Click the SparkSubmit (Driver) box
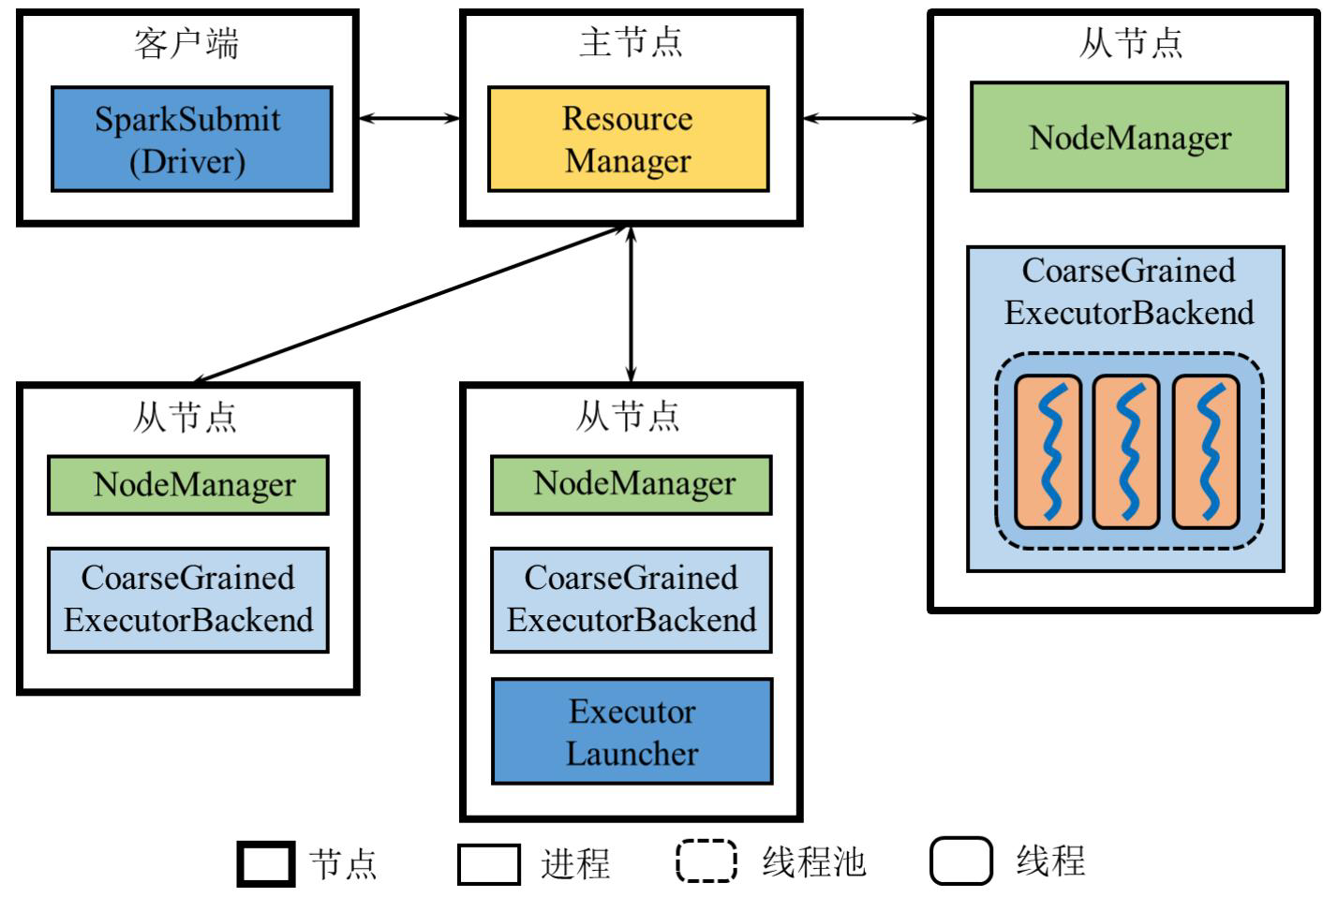coord(192,140)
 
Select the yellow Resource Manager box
coord(629,140)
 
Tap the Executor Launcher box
coord(632,731)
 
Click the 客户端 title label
coord(186,44)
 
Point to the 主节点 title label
coord(631,42)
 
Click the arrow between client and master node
coord(409,118)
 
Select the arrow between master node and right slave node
coord(865,118)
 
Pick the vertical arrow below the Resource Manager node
coord(631,304)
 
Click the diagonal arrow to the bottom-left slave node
coord(409,304)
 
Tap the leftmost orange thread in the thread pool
coord(1048,451)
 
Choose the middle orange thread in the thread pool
coord(1126,451)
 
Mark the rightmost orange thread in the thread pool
coord(1206,451)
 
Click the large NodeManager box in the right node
coord(1129,137)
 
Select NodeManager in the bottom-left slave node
coord(188,485)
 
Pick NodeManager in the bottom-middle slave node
coord(632,485)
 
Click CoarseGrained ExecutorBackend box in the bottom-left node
coord(188,600)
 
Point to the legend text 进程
coord(575,863)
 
